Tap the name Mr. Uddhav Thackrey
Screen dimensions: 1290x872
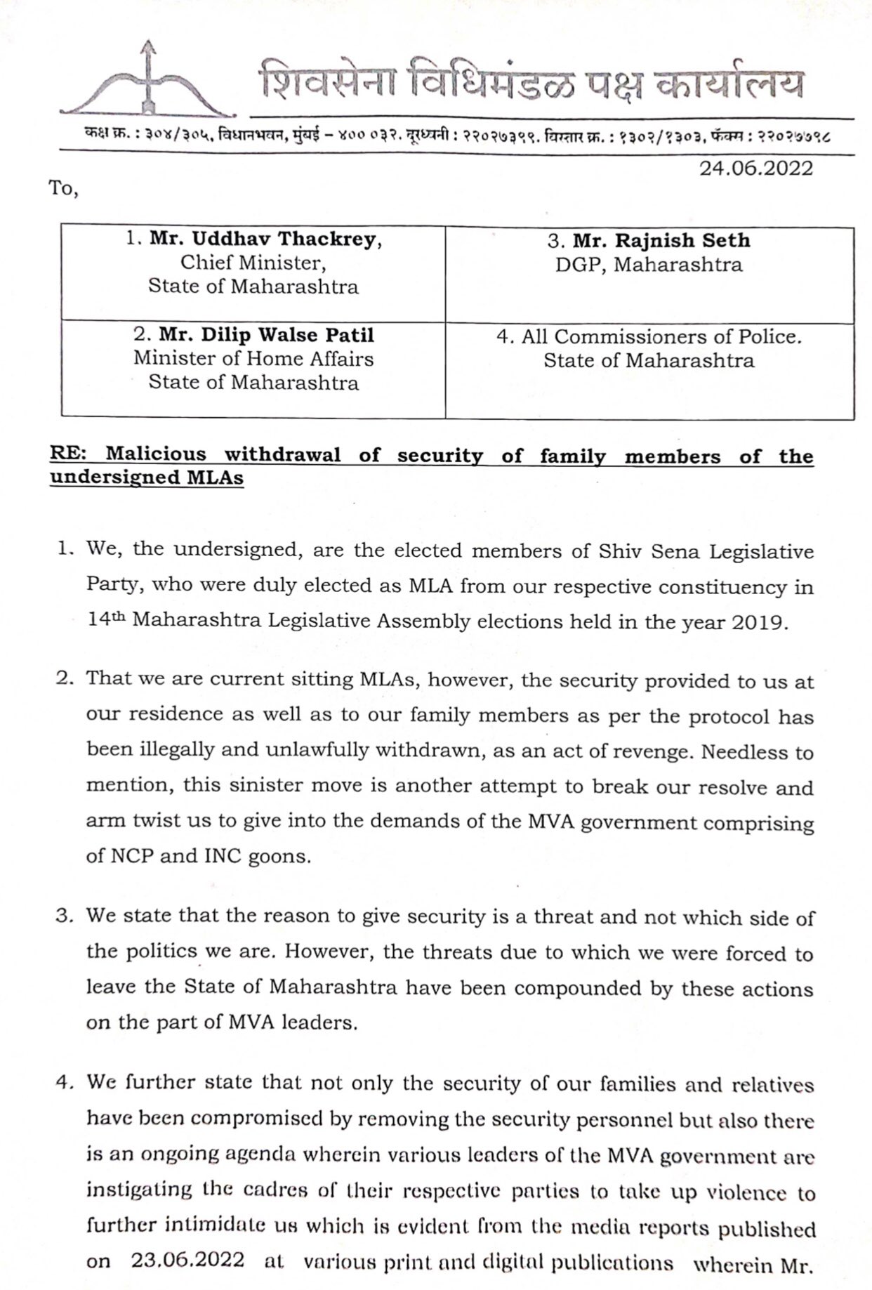(x=265, y=239)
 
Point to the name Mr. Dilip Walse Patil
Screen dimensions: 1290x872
(x=265, y=335)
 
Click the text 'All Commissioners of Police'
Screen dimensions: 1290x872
(x=660, y=337)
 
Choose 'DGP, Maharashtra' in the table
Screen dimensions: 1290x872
(x=649, y=265)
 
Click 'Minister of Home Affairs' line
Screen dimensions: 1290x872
(x=253, y=359)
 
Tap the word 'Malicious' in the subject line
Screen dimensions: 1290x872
(x=156, y=454)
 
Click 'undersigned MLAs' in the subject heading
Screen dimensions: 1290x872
(x=147, y=478)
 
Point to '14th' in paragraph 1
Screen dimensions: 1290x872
(x=106, y=621)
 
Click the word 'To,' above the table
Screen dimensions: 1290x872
(x=62, y=189)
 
